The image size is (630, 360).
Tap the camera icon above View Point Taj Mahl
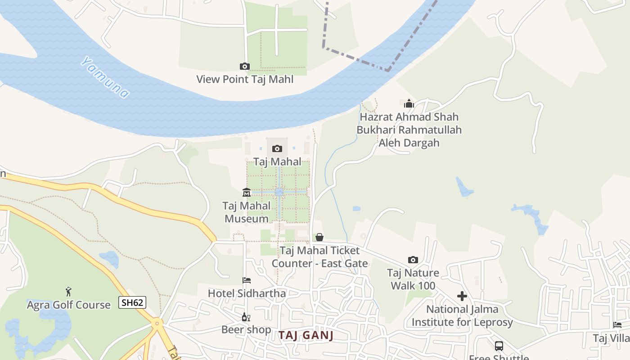[x=244, y=67]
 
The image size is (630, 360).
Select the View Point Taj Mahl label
[x=245, y=80]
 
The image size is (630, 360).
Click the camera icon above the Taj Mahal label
[x=277, y=148]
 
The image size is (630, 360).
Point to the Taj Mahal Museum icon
[x=247, y=193]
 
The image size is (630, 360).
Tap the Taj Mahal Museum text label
[x=247, y=212]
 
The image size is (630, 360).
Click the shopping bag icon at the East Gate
[x=319, y=237]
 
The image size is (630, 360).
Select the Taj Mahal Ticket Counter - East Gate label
[x=319, y=257]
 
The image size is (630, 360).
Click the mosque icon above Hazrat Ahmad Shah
[x=409, y=104]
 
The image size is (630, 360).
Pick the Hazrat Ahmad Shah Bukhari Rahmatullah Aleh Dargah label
[x=409, y=130]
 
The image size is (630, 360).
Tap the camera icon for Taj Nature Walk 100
[x=413, y=260]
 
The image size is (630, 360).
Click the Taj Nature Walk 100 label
[x=413, y=279]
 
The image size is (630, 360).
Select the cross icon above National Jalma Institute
[x=462, y=296]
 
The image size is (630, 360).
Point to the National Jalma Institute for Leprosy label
[x=462, y=316]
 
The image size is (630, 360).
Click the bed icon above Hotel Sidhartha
[x=247, y=280]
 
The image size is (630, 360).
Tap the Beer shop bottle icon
[x=246, y=317]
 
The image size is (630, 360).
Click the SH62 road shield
[x=133, y=302]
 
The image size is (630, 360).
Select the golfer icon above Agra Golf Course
[x=68, y=292]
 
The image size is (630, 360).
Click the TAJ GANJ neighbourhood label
[x=306, y=335]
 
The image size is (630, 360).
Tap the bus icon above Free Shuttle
[x=499, y=346]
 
